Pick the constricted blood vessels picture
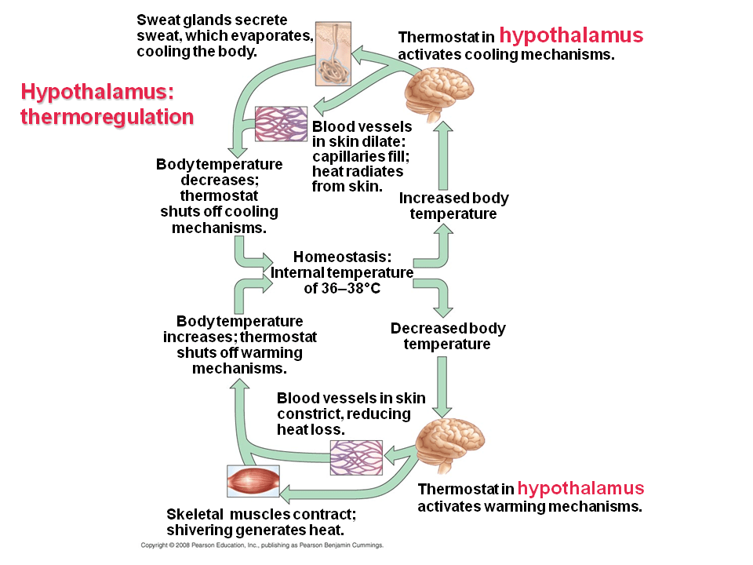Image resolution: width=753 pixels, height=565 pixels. (356, 457)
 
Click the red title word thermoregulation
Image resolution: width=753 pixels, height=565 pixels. (107, 117)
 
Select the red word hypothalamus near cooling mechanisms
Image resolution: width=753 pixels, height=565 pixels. (571, 35)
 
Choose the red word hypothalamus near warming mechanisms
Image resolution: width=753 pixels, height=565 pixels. (580, 488)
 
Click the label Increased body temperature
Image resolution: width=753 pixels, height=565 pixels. (453, 206)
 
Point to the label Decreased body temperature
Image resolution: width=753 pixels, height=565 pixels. (447, 336)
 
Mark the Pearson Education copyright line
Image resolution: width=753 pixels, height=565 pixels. (261, 545)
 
